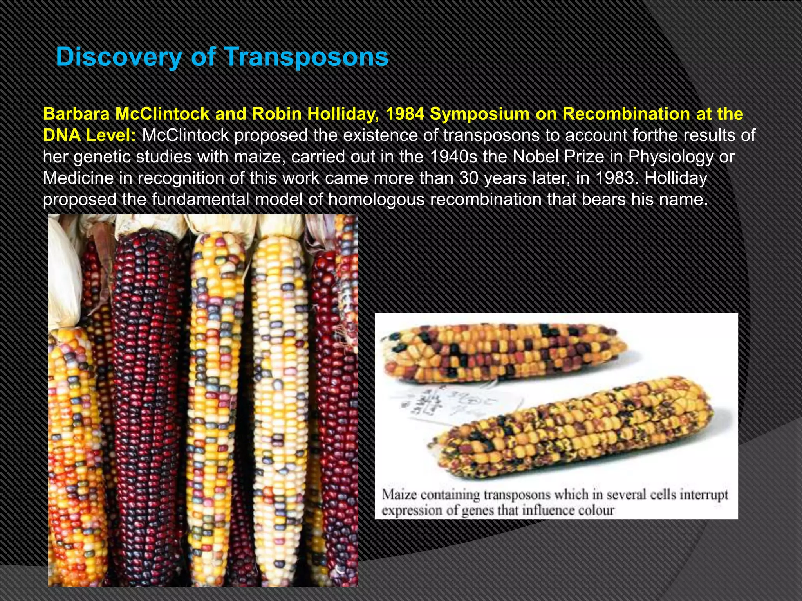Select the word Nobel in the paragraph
(x=538, y=157)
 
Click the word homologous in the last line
(x=376, y=200)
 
